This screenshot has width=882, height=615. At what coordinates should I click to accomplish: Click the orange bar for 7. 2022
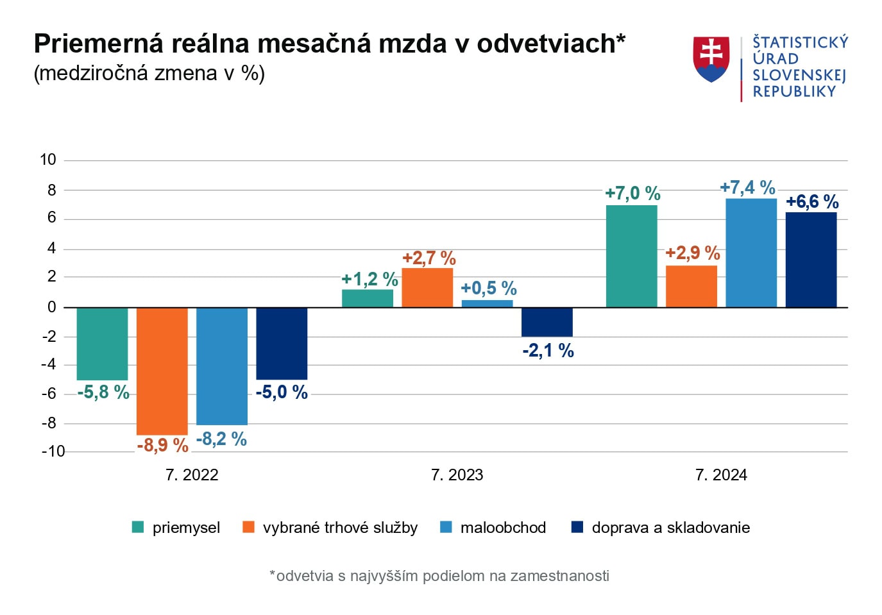(162, 371)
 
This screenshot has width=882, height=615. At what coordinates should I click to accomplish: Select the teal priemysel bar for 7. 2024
(631, 256)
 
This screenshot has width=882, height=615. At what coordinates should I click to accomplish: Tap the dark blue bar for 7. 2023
(547, 322)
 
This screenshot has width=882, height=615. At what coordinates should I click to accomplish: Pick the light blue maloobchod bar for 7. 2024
(751, 253)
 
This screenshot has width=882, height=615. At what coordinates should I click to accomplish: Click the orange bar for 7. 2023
(427, 287)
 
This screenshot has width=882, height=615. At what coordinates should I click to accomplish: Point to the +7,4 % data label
(747, 187)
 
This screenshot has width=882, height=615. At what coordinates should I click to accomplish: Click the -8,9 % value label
(162, 444)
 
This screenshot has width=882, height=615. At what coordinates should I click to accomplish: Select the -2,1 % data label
(548, 350)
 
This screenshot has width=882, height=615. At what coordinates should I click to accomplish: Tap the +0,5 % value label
(488, 288)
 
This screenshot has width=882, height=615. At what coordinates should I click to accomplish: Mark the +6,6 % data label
(812, 201)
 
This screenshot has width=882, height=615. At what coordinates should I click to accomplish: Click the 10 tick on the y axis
(48, 160)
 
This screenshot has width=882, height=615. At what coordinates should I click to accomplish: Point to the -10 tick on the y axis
(53, 451)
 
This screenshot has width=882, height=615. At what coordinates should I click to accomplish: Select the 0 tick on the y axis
(52, 307)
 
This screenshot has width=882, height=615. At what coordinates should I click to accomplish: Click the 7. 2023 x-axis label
(457, 475)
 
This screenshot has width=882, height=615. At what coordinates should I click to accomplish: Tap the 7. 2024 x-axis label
(721, 475)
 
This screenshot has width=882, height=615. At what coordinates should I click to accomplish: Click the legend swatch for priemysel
(138, 527)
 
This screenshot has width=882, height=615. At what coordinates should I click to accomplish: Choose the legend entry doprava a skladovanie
(670, 527)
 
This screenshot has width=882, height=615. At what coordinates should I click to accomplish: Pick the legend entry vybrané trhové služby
(340, 527)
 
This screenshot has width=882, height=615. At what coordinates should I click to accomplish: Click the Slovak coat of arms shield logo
(711, 59)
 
